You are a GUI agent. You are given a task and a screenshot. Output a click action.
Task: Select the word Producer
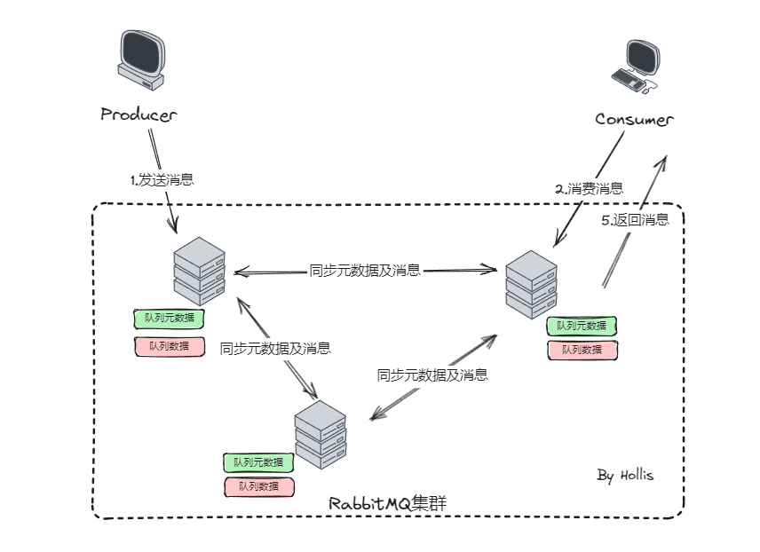[x=139, y=114]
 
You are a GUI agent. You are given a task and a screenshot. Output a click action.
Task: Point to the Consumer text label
[x=634, y=120]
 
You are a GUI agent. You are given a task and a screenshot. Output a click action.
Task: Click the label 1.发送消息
[x=162, y=179]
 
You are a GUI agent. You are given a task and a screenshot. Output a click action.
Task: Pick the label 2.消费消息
[x=589, y=188]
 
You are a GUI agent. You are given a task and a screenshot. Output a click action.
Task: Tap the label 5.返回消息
[x=635, y=220]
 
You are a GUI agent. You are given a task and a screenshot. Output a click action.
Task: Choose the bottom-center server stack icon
[x=321, y=434]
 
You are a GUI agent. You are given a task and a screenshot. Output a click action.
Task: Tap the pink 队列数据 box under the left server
[x=169, y=346]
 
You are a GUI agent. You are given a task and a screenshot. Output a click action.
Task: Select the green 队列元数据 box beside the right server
[x=582, y=326]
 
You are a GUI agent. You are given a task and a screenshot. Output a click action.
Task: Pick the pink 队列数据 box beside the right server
[x=582, y=350]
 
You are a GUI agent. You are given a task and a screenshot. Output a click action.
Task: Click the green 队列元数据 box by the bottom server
[x=258, y=462]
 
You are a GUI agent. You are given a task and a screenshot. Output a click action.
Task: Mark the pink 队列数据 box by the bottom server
[x=258, y=486]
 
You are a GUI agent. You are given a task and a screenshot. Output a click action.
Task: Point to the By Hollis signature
[x=625, y=476]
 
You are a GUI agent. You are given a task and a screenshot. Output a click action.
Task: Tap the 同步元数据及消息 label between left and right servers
[x=365, y=271]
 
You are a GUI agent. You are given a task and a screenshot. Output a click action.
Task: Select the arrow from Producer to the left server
[x=162, y=177]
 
